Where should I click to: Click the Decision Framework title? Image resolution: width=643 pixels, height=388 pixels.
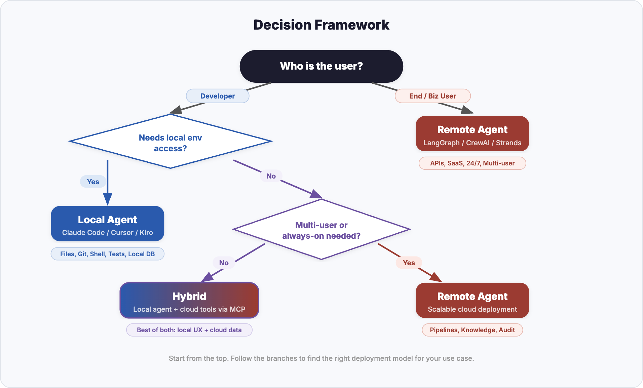[321, 25]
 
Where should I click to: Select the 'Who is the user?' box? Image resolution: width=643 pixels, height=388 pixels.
[321, 66]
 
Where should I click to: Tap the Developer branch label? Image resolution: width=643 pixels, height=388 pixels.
[218, 96]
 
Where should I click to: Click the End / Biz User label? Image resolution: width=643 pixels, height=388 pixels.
[432, 96]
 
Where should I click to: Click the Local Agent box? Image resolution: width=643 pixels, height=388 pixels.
[108, 224]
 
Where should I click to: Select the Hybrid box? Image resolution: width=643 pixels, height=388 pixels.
[189, 301]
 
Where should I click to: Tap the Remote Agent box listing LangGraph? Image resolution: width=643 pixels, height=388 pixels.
[472, 134]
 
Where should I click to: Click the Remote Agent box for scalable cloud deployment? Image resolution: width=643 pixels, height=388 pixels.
[472, 301]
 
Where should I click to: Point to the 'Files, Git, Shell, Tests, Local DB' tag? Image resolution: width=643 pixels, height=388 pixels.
[108, 254]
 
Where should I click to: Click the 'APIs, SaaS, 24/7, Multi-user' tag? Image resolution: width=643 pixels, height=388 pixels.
[472, 163]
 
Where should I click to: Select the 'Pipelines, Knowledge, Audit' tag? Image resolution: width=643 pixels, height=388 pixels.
[472, 330]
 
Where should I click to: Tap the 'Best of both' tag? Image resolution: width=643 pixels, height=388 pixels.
[189, 330]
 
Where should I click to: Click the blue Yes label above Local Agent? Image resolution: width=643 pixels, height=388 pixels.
[93, 182]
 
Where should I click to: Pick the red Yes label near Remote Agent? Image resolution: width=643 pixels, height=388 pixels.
[409, 263]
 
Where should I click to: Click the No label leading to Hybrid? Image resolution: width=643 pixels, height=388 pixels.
[224, 263]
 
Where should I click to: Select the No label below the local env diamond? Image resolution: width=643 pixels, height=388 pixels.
[271, 176]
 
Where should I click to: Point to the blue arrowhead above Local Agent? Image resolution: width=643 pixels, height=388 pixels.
[108, 199]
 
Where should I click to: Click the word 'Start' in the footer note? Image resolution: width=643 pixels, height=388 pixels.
[177, 358]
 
